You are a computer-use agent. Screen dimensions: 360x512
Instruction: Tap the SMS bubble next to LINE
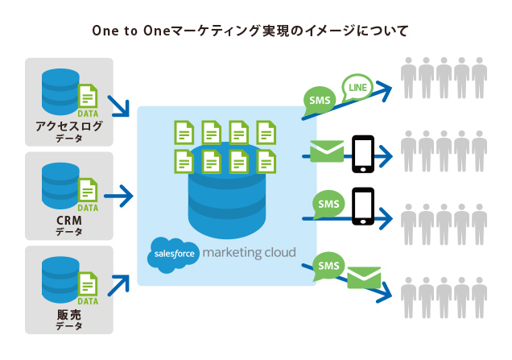click(x=320, y=101)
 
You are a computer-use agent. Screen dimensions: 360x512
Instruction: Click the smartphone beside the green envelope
click(x=364, y=153)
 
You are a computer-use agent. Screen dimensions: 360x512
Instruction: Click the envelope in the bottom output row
click(x=363, y=279)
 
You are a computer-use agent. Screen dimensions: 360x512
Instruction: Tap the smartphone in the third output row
click(x=364, y=205)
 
